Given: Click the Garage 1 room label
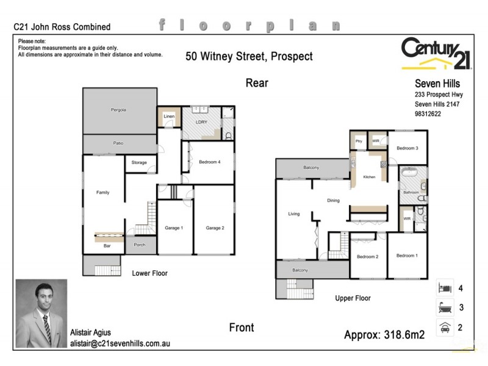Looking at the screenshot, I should pos(173,228).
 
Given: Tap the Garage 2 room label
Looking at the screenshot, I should pos(215,228).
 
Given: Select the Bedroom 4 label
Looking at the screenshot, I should pos(209,162).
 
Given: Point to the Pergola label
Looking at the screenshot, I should pos(118,110).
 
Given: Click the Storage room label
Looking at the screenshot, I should pos(139,163).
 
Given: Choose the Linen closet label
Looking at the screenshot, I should pos(169,116).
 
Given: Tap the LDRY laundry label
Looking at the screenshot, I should pos(202,122).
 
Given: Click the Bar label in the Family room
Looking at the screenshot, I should pos(107,246).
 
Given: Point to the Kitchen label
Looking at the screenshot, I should pos(369,177).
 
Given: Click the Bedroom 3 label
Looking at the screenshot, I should pos(407,148).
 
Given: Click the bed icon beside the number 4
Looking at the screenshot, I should pos(443,287).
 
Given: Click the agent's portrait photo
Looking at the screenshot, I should pos(41,314).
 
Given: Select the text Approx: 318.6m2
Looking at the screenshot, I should pos(384,334).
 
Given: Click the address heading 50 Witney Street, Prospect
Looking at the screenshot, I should pos(249,57).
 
